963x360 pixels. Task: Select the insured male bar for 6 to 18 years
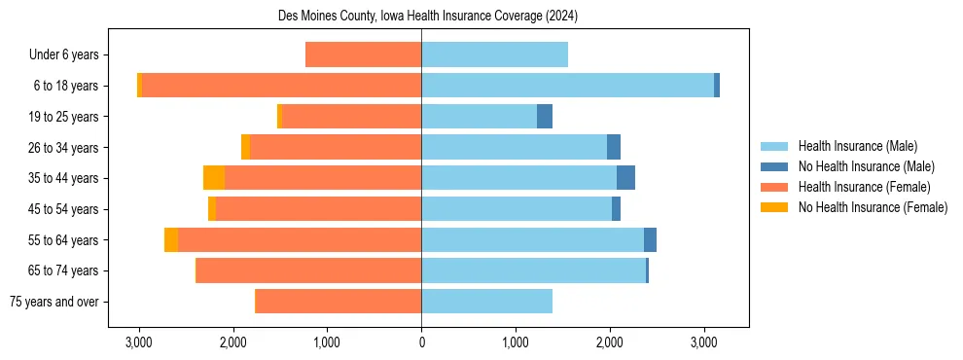567,86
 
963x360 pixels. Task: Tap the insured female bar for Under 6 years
363,54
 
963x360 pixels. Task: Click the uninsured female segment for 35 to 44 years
214,178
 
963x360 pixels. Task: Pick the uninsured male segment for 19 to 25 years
545,117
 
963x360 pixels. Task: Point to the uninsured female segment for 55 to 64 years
171,239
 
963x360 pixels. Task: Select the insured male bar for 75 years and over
486,302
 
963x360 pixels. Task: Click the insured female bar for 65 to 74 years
308,270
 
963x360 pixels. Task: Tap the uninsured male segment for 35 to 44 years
625,178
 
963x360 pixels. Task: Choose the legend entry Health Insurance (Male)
857,147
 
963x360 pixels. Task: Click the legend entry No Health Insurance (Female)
873,207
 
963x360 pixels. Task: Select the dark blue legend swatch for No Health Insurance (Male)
774,167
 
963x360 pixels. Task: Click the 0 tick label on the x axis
421,342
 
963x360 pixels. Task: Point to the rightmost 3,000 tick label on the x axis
704,342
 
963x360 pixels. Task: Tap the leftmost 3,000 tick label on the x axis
139,342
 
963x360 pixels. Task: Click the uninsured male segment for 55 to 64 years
650,239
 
